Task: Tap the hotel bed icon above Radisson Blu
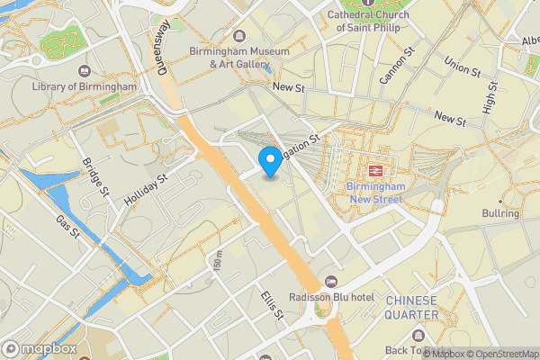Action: pos(330,283)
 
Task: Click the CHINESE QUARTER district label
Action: pos(411,307)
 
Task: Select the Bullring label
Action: pos(500,213)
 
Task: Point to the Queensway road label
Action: pos(163,40)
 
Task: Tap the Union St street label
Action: pos(463,66)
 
